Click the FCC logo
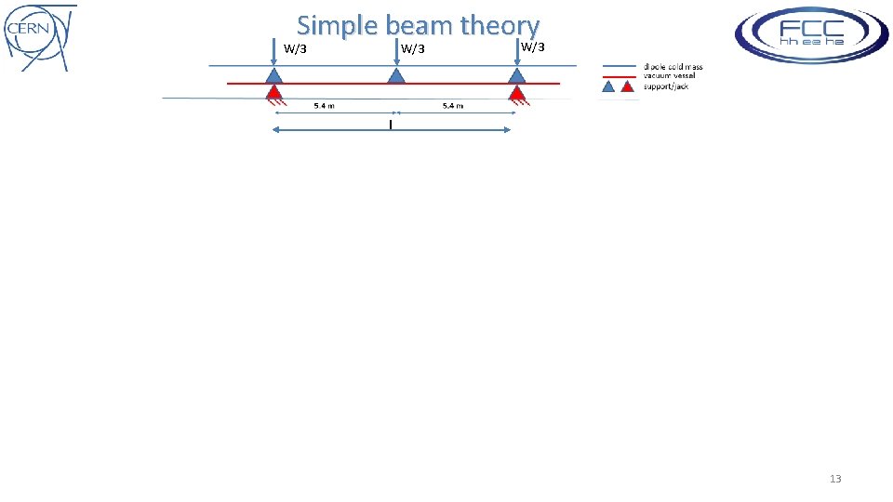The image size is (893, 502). click(x=811, y=33)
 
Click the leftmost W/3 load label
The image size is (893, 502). click(x=295, y=49)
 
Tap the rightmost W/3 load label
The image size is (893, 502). click(x=533, y=47)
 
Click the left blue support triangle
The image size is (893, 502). click(x=273, y=75)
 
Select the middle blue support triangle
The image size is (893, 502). click(x=395, y=75)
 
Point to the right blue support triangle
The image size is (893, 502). click(x=517, y=75)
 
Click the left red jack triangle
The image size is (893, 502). click(x=273, y=92)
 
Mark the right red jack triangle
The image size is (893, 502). click(x=517, y=92)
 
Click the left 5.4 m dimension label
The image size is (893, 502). click(x=324, y=106)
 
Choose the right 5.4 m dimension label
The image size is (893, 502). click(x=452, y=106)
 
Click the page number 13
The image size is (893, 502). click(x=834, y=479)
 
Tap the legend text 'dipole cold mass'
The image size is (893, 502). click(x=673, y=67)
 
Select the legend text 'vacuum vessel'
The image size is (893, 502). click(x=669, y=76)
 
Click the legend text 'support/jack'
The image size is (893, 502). click(x=666, y=86)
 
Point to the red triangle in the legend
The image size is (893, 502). click(x=628, y=86)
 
